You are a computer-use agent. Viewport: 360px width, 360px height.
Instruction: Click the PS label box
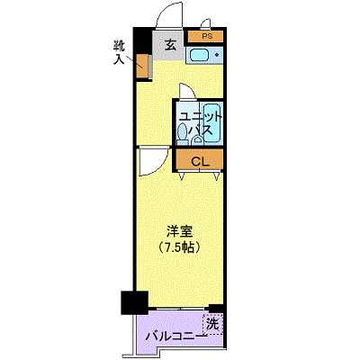tap(206, 36)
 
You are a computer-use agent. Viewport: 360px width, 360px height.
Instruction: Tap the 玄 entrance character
tap(170, 45)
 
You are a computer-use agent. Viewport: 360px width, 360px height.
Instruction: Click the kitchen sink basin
tap(199, 55)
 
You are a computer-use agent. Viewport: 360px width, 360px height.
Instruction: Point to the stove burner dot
tap(217, 55)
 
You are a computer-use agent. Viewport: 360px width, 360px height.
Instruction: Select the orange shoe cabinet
tap(142, 66)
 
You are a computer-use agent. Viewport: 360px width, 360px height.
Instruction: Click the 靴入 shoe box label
tap(119, 53)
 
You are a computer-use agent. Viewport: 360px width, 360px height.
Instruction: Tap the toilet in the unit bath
tap(182, 134)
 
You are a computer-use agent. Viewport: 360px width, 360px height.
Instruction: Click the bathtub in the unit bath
tap(212, 123)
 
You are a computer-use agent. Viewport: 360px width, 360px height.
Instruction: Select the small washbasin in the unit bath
tap(196, 139)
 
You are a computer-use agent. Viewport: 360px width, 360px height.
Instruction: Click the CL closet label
tap(200, 162)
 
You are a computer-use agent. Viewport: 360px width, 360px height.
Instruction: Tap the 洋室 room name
tap(179, 231)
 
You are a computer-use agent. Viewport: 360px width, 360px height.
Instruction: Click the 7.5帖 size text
tap(179, 247)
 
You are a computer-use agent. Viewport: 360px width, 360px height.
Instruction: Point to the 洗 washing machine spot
tap(212, 324)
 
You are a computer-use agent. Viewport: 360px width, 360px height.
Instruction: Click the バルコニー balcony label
tap(175, 337)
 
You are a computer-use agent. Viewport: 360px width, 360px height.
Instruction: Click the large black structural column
tap(134, 302)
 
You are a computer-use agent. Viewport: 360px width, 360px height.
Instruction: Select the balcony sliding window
tap(179, 309)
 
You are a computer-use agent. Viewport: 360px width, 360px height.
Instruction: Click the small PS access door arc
tap(206, 22)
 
